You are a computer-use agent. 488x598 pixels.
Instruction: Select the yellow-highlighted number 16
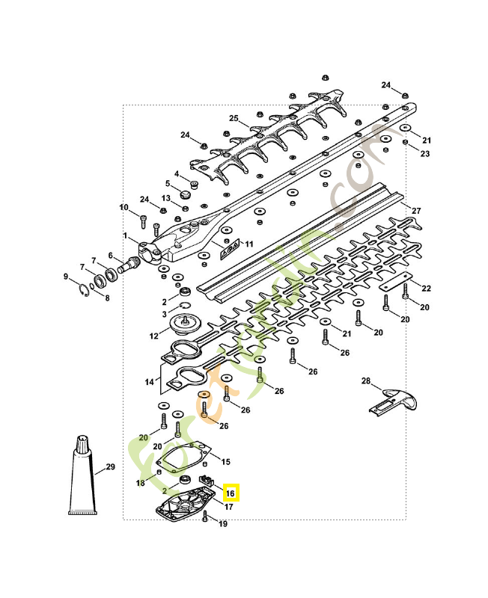[231, 493]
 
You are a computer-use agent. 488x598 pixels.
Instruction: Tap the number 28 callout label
[366, 381]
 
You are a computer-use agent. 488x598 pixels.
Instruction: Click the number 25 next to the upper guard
[234, 118]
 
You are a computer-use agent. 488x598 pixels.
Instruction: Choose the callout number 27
[417, 210]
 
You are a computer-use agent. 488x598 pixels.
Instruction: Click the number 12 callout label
[153, 336]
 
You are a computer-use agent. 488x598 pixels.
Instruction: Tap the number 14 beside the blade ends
[150, 382]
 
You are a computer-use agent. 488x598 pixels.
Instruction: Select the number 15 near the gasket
[225, 462]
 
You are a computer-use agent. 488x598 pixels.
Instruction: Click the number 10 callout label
[124, 207]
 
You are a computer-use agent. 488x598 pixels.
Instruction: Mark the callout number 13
[166, 198]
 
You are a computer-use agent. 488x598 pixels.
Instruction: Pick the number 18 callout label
[140, 484]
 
